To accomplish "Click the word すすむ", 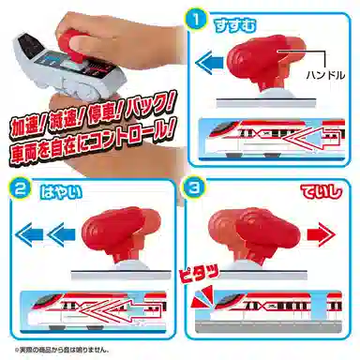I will (260, 19).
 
